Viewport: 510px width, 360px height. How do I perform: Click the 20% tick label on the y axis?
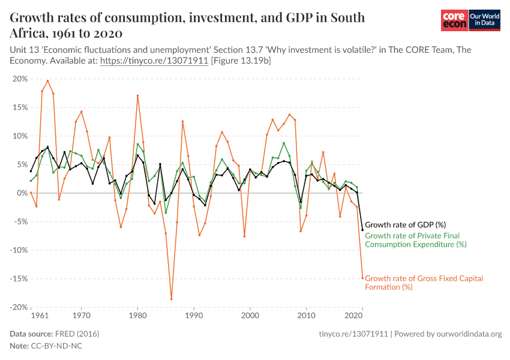coord(20,79)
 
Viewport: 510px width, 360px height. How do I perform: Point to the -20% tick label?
coord(19,307)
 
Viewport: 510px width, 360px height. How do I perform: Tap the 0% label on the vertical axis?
coord(22,193)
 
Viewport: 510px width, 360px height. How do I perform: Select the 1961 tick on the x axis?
coord(40,315)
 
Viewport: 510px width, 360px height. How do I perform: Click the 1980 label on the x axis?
coord(137,315)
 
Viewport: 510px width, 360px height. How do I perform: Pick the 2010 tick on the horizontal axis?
coord(307,315)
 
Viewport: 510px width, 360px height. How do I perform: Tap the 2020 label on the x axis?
coord(354,315)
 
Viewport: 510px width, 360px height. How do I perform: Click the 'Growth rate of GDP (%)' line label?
coord(405,225)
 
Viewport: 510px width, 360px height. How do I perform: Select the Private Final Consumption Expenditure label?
coord(415,240)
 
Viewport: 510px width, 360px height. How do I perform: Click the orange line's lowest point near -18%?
coord(171,299)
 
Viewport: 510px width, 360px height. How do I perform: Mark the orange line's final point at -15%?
coord(362,277)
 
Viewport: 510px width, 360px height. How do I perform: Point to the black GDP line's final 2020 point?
coord(362,230)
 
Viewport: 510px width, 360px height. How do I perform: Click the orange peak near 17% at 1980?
coord(137,95)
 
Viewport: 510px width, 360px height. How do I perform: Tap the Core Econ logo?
coord(454,20)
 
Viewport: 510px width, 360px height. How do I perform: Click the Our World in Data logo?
coord(484,20)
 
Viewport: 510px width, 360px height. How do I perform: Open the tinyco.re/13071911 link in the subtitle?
coord(154,61)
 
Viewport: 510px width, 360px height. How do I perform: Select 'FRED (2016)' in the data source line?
coord(76,334)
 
